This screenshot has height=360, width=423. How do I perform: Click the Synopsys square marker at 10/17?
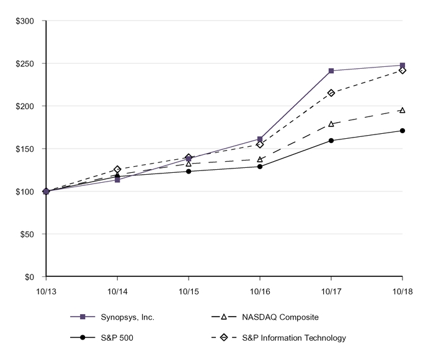click(x=331, y=71)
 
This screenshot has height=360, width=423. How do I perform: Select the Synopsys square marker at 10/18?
click(x=403, y=65)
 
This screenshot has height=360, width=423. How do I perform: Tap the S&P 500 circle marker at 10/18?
click(x=403, y=131)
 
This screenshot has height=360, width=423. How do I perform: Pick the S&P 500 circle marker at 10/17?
click(x=331, y=141)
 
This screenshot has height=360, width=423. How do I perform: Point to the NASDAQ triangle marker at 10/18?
click(x=403, y=110)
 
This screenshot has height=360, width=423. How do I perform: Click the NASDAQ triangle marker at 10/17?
click(x=331, y=124)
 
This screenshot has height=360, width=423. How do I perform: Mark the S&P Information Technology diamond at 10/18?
click(x=403, y=71)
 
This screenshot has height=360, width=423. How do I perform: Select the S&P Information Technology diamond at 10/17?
click(x=331, y=93)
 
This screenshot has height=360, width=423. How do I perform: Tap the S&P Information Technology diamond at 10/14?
click(x=117, y=169)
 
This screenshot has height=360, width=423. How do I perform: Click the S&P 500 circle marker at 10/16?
click(x=260, y=167)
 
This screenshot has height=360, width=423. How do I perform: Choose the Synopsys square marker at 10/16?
click(x=260, y=139)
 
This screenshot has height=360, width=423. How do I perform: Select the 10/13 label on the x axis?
click(x=46, y=291)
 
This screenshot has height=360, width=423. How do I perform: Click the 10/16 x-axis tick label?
click(x=260, y=291)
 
